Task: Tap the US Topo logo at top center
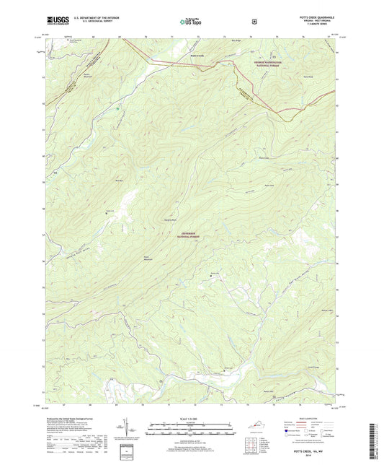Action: [x=191, y=22]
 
